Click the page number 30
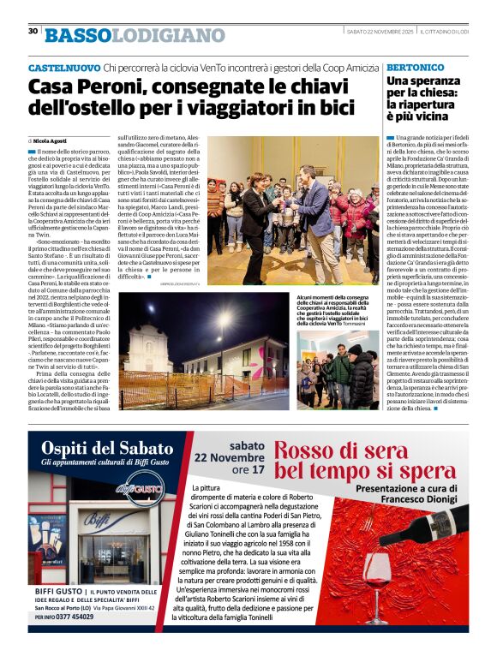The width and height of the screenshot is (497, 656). click(33, 31)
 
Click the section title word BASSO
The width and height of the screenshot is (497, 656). click(78, 35)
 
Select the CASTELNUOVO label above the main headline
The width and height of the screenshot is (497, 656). click(63, 67)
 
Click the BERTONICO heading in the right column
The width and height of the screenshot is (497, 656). click(415, 67)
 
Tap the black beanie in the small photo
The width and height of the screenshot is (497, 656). click(355, 349)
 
